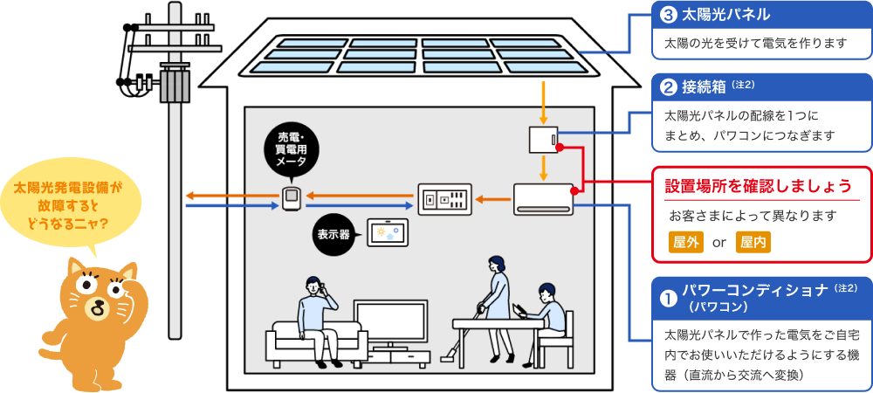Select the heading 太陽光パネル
[x=724, y=15]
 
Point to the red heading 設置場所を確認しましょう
[x=758, y=186]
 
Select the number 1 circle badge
[x=669, y=298]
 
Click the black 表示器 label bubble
[x=333, y=235]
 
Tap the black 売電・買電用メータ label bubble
[x=290, y=150]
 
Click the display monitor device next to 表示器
[x=387, y=231]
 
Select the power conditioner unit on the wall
[x=543, y=199]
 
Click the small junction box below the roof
[x=543, y=140]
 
